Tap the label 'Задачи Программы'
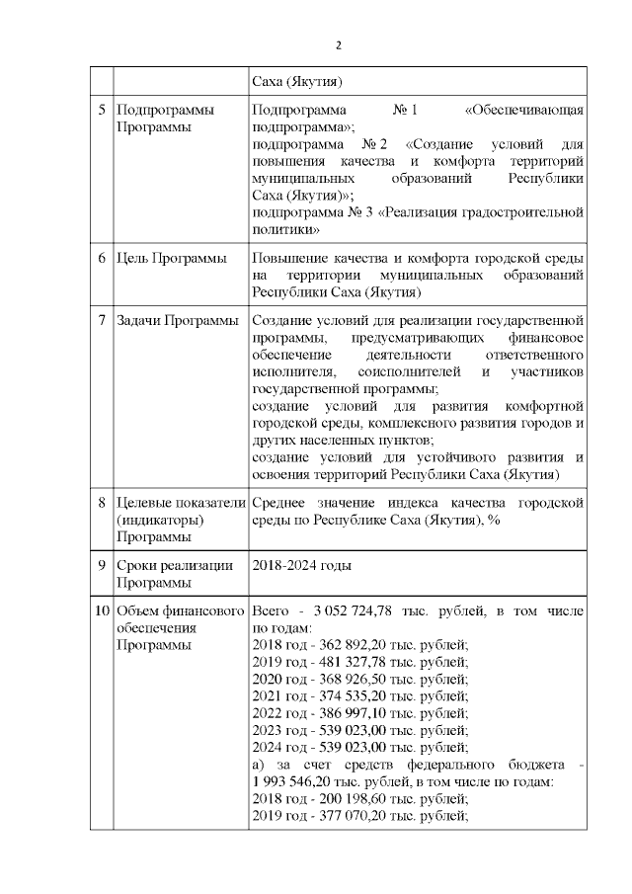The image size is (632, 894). tap(178, 321)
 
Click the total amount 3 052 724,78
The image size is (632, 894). tap(352, 611)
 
